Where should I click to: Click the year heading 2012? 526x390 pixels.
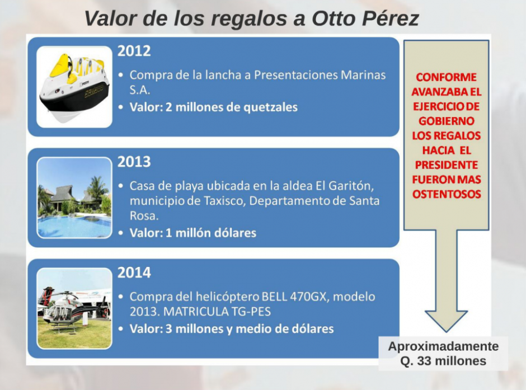(134, 51)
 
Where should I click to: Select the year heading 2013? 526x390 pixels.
(134, 162)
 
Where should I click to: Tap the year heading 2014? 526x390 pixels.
(134, 272)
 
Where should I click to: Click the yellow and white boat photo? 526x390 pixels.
(74, 87)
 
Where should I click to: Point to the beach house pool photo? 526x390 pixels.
(74, 198)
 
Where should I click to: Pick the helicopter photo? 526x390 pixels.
(74, 308)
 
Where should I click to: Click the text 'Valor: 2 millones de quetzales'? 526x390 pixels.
(213, 107)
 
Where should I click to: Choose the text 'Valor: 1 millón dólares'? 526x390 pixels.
(193, 233)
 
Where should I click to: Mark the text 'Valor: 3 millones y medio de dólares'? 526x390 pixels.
(232, 329)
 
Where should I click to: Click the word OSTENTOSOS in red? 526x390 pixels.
(447, 194)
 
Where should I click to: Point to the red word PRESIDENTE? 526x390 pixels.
(447, 165)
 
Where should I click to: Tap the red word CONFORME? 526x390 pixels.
(446, 77)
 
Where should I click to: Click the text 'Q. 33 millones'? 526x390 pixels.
(443, 361)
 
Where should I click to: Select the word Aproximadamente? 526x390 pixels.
(444, 346)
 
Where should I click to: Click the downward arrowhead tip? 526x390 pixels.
(446, 332)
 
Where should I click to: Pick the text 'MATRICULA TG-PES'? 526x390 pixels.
(217, 312)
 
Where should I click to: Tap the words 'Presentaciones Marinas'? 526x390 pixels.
(320, 75)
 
